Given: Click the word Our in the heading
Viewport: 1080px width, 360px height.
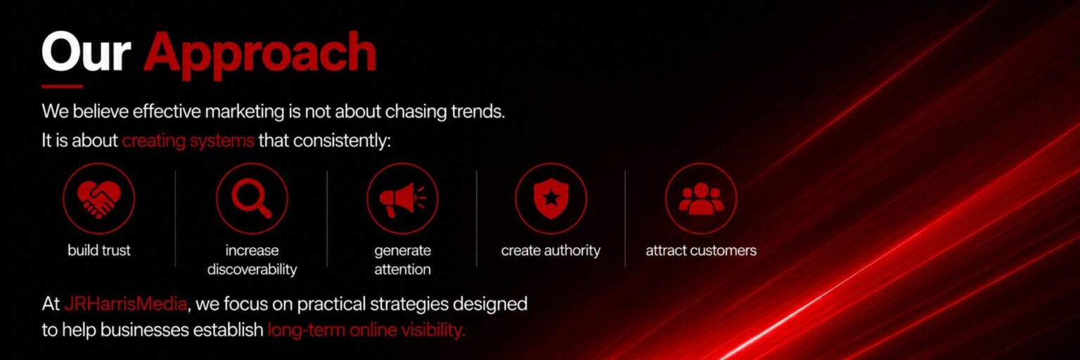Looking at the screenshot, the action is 86,51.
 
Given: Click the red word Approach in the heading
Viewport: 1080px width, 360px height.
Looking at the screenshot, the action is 260,55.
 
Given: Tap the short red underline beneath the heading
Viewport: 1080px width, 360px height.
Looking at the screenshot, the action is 62,86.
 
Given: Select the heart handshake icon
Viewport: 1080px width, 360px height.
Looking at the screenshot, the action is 99,198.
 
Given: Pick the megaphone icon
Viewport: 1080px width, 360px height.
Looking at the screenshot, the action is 403,199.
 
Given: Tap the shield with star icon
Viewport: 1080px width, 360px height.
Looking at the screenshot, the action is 551,198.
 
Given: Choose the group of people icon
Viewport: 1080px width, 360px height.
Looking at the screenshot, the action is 701,198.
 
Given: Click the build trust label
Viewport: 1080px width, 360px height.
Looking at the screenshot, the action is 99,250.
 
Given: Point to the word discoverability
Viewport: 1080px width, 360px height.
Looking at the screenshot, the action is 252,269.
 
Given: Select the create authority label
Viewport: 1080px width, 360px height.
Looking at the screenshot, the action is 551,250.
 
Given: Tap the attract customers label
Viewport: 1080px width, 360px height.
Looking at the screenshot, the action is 701,250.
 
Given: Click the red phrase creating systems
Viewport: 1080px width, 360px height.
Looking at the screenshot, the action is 188,141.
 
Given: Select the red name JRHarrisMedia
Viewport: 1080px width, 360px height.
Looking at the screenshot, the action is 125,304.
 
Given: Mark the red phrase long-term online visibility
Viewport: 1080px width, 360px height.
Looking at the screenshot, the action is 366,330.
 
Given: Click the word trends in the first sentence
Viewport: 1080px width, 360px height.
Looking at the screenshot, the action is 478,111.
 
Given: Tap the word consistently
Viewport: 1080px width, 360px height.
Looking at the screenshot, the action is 342,141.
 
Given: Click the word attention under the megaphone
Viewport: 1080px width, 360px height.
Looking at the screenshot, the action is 403,269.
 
